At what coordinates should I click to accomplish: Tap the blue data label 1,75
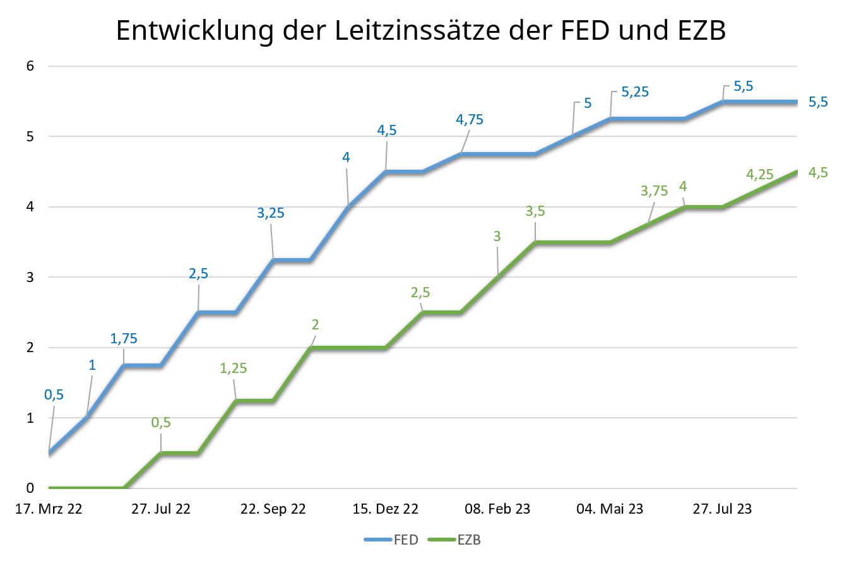click(x=124, y=339)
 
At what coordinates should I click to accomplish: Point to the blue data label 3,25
click(x=271, y=213)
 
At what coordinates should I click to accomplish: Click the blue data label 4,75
click(x=470, y=120)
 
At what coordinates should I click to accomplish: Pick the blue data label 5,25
click(x=635, y=92)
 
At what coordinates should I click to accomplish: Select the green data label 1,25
click(x=234, y=369)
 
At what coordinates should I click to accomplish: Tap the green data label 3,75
click(x=654, y=191)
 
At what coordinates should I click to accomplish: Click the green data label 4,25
click(x=759, y=175)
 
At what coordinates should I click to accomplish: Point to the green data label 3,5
click(x=535, y=211)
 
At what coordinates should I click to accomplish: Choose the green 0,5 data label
click(x=161, y=423)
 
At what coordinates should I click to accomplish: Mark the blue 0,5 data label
click(x=54, y=395)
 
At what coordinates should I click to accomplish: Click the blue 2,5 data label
click(x=198, y=274)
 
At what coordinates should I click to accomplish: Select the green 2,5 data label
click(x=420, y=293)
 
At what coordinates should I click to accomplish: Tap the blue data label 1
click(x=92, y=365)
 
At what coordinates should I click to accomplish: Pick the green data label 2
click(x=315, y=325)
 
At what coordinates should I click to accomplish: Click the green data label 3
click(x=497, y=237)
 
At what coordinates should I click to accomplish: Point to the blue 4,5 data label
click(x=387, y=131)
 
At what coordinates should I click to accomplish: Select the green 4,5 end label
click(x=818, y=173)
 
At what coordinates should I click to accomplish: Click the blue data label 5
click(x=588, y=103)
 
